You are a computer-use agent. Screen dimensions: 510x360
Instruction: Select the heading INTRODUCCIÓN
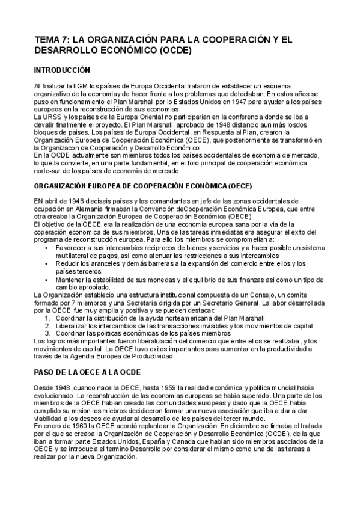coord(62,70)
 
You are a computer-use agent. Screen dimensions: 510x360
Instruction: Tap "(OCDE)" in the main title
coord(175,51)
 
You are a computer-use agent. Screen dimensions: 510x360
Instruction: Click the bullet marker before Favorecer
coord(47,247)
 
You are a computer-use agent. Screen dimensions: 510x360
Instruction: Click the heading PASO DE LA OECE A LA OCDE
coord(87,372)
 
